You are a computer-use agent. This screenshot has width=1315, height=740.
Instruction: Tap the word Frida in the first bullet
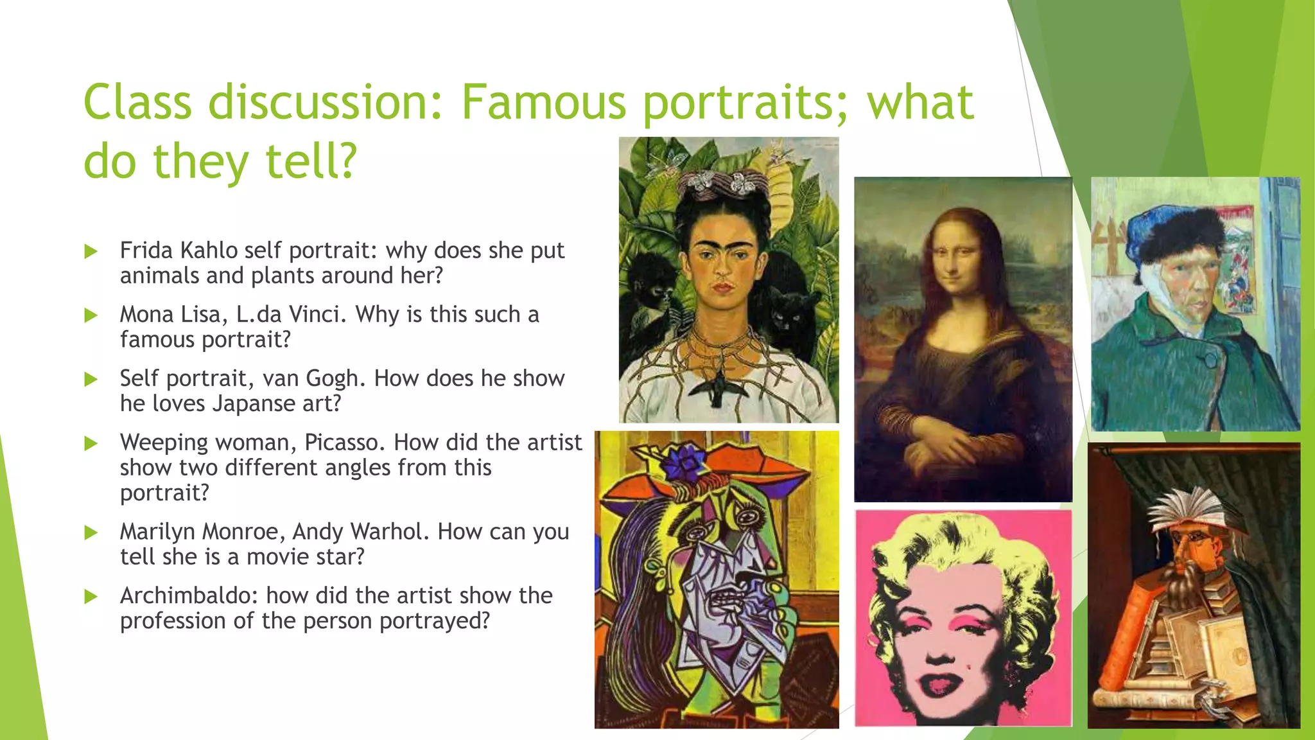tap(146, 250)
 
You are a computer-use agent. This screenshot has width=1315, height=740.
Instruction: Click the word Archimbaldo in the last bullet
tap(188, 595)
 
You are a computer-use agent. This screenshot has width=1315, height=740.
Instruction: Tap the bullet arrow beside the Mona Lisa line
tap(91, 315)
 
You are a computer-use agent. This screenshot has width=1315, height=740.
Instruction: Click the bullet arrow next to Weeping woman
tap(91, 443)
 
